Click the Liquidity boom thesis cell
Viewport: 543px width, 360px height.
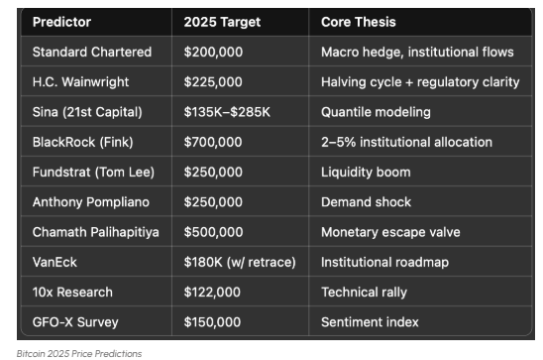(365, 172)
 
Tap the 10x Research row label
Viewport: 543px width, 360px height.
(73, 292)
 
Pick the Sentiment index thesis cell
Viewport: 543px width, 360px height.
(370, 322)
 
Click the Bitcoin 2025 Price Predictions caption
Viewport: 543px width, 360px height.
(78, 352)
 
